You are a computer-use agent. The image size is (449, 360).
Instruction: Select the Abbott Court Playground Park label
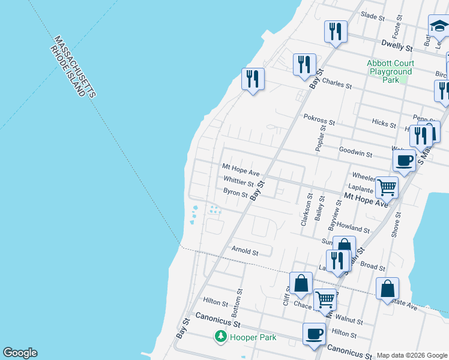point(390,71)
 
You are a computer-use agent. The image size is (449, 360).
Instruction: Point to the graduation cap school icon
point(439,26)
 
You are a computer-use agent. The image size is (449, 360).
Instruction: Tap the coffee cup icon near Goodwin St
point(404,160)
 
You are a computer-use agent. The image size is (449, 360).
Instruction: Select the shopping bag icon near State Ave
point(388,288)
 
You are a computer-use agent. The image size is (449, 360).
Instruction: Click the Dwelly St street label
point(397,46)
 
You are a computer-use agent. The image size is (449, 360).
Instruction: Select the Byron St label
point(235,193)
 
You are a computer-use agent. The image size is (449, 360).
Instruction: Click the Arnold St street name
point(244,252)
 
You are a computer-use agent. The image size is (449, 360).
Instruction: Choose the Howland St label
point(354,229)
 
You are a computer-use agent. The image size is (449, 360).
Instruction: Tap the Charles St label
point(337,84)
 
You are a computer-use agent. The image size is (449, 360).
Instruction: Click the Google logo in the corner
point(20,353)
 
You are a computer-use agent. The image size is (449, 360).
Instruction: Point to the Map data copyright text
point(411,355)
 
